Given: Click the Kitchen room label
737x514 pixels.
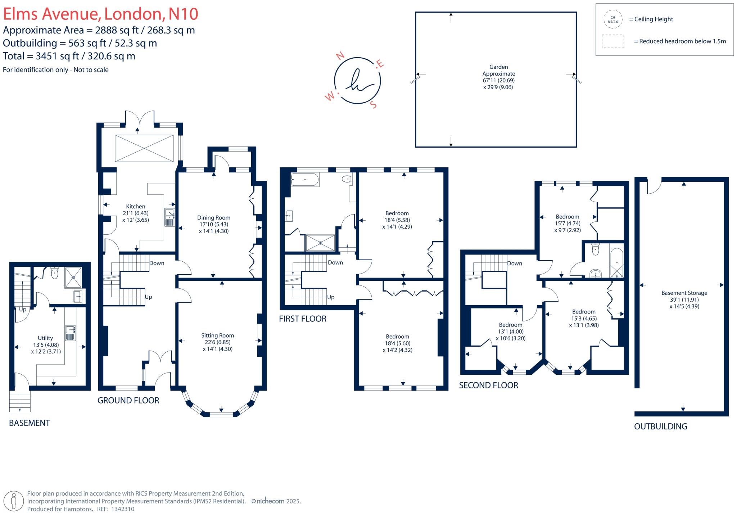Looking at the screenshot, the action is click(136, 207).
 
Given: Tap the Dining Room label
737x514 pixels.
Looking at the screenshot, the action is click(214, 218).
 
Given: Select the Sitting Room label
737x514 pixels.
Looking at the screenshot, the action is click(218, 335).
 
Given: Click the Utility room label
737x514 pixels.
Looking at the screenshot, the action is click(45, 338).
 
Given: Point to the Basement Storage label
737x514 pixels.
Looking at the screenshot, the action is click(684, 293).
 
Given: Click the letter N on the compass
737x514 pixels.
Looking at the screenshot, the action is click(340, 55).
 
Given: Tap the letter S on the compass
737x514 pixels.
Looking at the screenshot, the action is click(374, 104).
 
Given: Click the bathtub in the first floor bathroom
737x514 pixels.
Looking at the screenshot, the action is click(305, 180).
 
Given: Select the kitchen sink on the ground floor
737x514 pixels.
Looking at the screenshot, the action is click(169, 217).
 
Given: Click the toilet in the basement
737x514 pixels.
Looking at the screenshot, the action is click(55, 273).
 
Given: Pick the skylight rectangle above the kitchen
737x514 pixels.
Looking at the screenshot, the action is click(144, 148).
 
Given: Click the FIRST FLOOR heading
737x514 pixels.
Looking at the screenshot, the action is click(303, 319).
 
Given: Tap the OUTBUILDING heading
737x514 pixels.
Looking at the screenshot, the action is click(661, 427).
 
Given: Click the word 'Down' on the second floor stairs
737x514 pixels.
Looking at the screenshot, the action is click(515, 263).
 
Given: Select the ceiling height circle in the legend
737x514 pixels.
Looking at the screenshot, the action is click(613, 19).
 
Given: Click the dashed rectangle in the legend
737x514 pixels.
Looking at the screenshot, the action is click(613, 41).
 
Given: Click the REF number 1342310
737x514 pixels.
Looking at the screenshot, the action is click(123, 509).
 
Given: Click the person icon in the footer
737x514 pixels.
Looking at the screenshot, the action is click(14, 501).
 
